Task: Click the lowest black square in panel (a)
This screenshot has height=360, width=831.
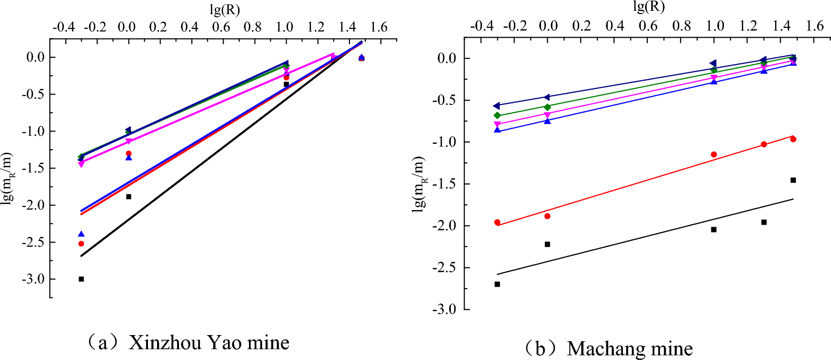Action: tap(81, 279)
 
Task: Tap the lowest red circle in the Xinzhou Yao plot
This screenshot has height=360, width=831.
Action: tap(81, 243)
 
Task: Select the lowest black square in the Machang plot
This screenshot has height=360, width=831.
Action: tap(497, 284)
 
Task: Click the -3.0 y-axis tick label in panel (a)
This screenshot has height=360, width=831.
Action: tap(33, 279)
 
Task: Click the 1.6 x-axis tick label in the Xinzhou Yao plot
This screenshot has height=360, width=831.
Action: tap(379, 27)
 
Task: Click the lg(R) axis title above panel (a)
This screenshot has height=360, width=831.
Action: tap(225, 9)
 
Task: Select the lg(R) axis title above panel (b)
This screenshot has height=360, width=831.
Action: tap(649, 7)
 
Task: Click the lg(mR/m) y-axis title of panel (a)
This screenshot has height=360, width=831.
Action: tap(8, 178)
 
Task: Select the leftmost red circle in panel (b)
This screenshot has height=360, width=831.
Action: tap(497, 222)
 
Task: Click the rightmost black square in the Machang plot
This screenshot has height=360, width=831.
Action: tap(793, 180)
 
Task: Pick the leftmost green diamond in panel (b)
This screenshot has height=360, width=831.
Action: tap(497, 116)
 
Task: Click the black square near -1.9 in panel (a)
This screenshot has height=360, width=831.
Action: tap(129, 196)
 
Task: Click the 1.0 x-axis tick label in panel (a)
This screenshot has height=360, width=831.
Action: tap(284, 27)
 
